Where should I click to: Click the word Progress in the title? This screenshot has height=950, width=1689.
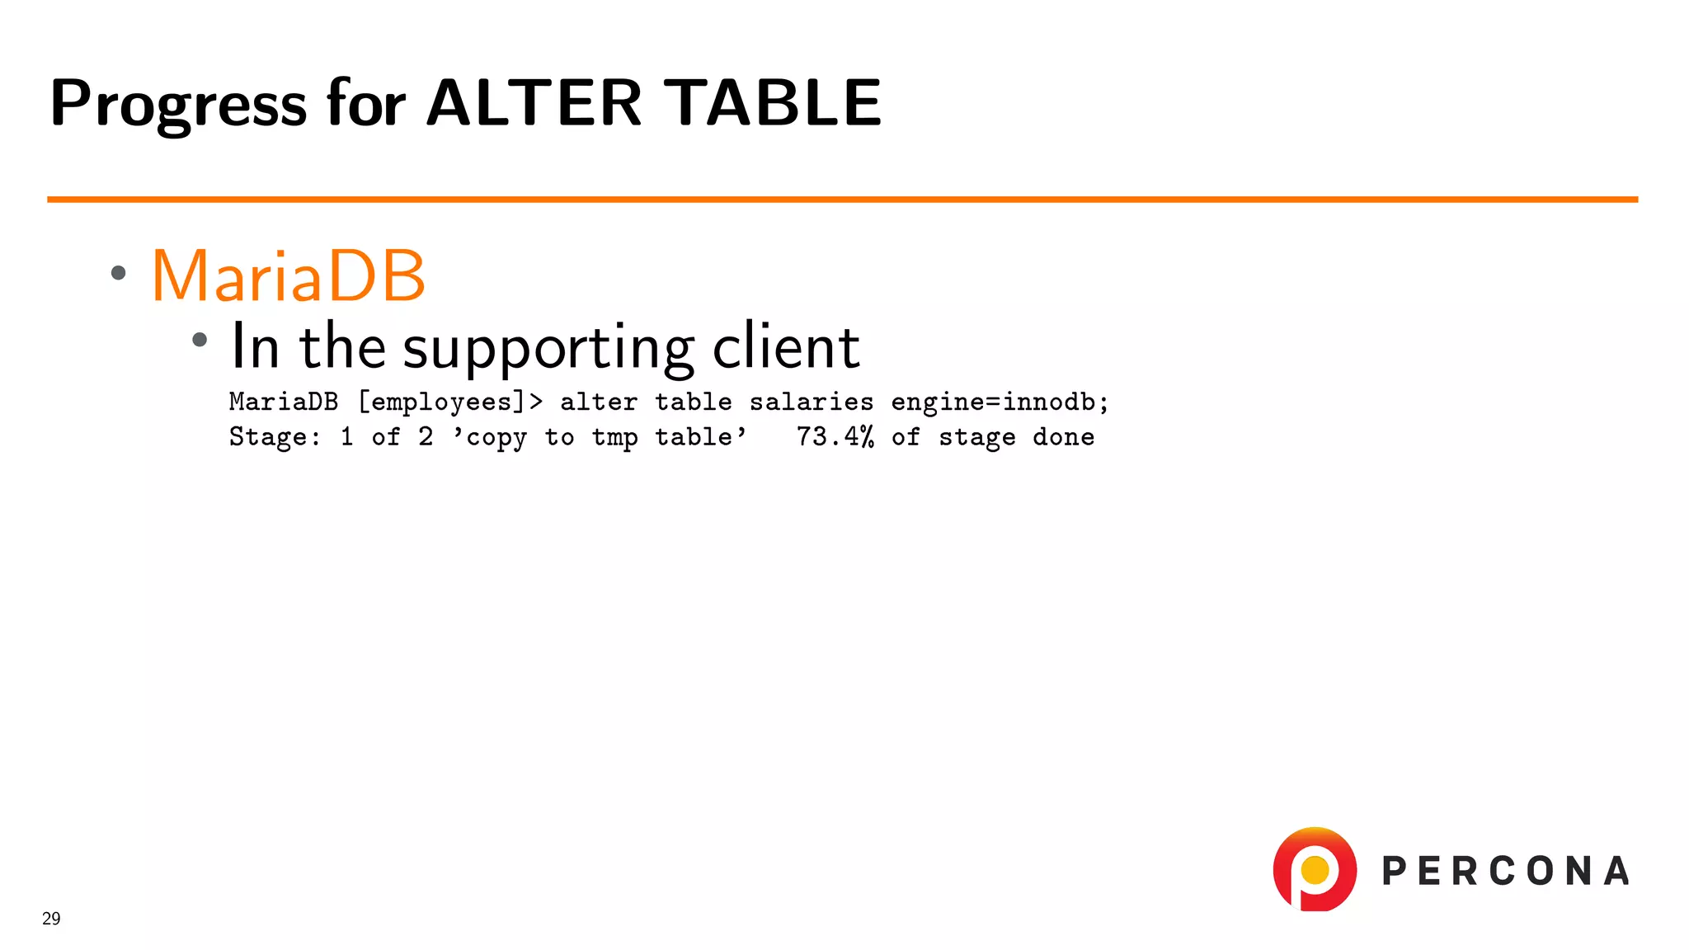tap(178, 105)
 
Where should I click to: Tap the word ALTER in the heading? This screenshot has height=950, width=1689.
tap(534, 103)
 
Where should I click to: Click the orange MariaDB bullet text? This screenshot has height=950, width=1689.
tap(288, 276)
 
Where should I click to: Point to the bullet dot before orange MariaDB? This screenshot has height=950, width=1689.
tap(119, 273)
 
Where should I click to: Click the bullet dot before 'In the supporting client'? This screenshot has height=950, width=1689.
tap(200, 340)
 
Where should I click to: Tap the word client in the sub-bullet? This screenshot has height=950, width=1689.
tap(786, 346)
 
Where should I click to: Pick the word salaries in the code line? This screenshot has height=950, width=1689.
tap(811, 402)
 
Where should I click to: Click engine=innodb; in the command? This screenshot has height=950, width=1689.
tap(1000, 402)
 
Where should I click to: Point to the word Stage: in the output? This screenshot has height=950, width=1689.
tap(275, 437)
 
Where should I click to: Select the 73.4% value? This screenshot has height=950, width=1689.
tap(835, 437)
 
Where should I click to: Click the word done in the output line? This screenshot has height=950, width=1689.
tap(1063, 437)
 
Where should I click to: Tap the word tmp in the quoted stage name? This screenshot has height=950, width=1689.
tap(614, 437)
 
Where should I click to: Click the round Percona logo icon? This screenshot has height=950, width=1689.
tap(1315, 869)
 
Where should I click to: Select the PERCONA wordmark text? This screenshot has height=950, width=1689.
tap(1505, 872)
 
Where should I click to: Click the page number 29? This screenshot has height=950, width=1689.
tap(51, 919)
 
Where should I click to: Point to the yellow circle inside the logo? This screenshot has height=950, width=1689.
tap(1315, 869)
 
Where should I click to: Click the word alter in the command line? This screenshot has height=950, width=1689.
tap(598, 402)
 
